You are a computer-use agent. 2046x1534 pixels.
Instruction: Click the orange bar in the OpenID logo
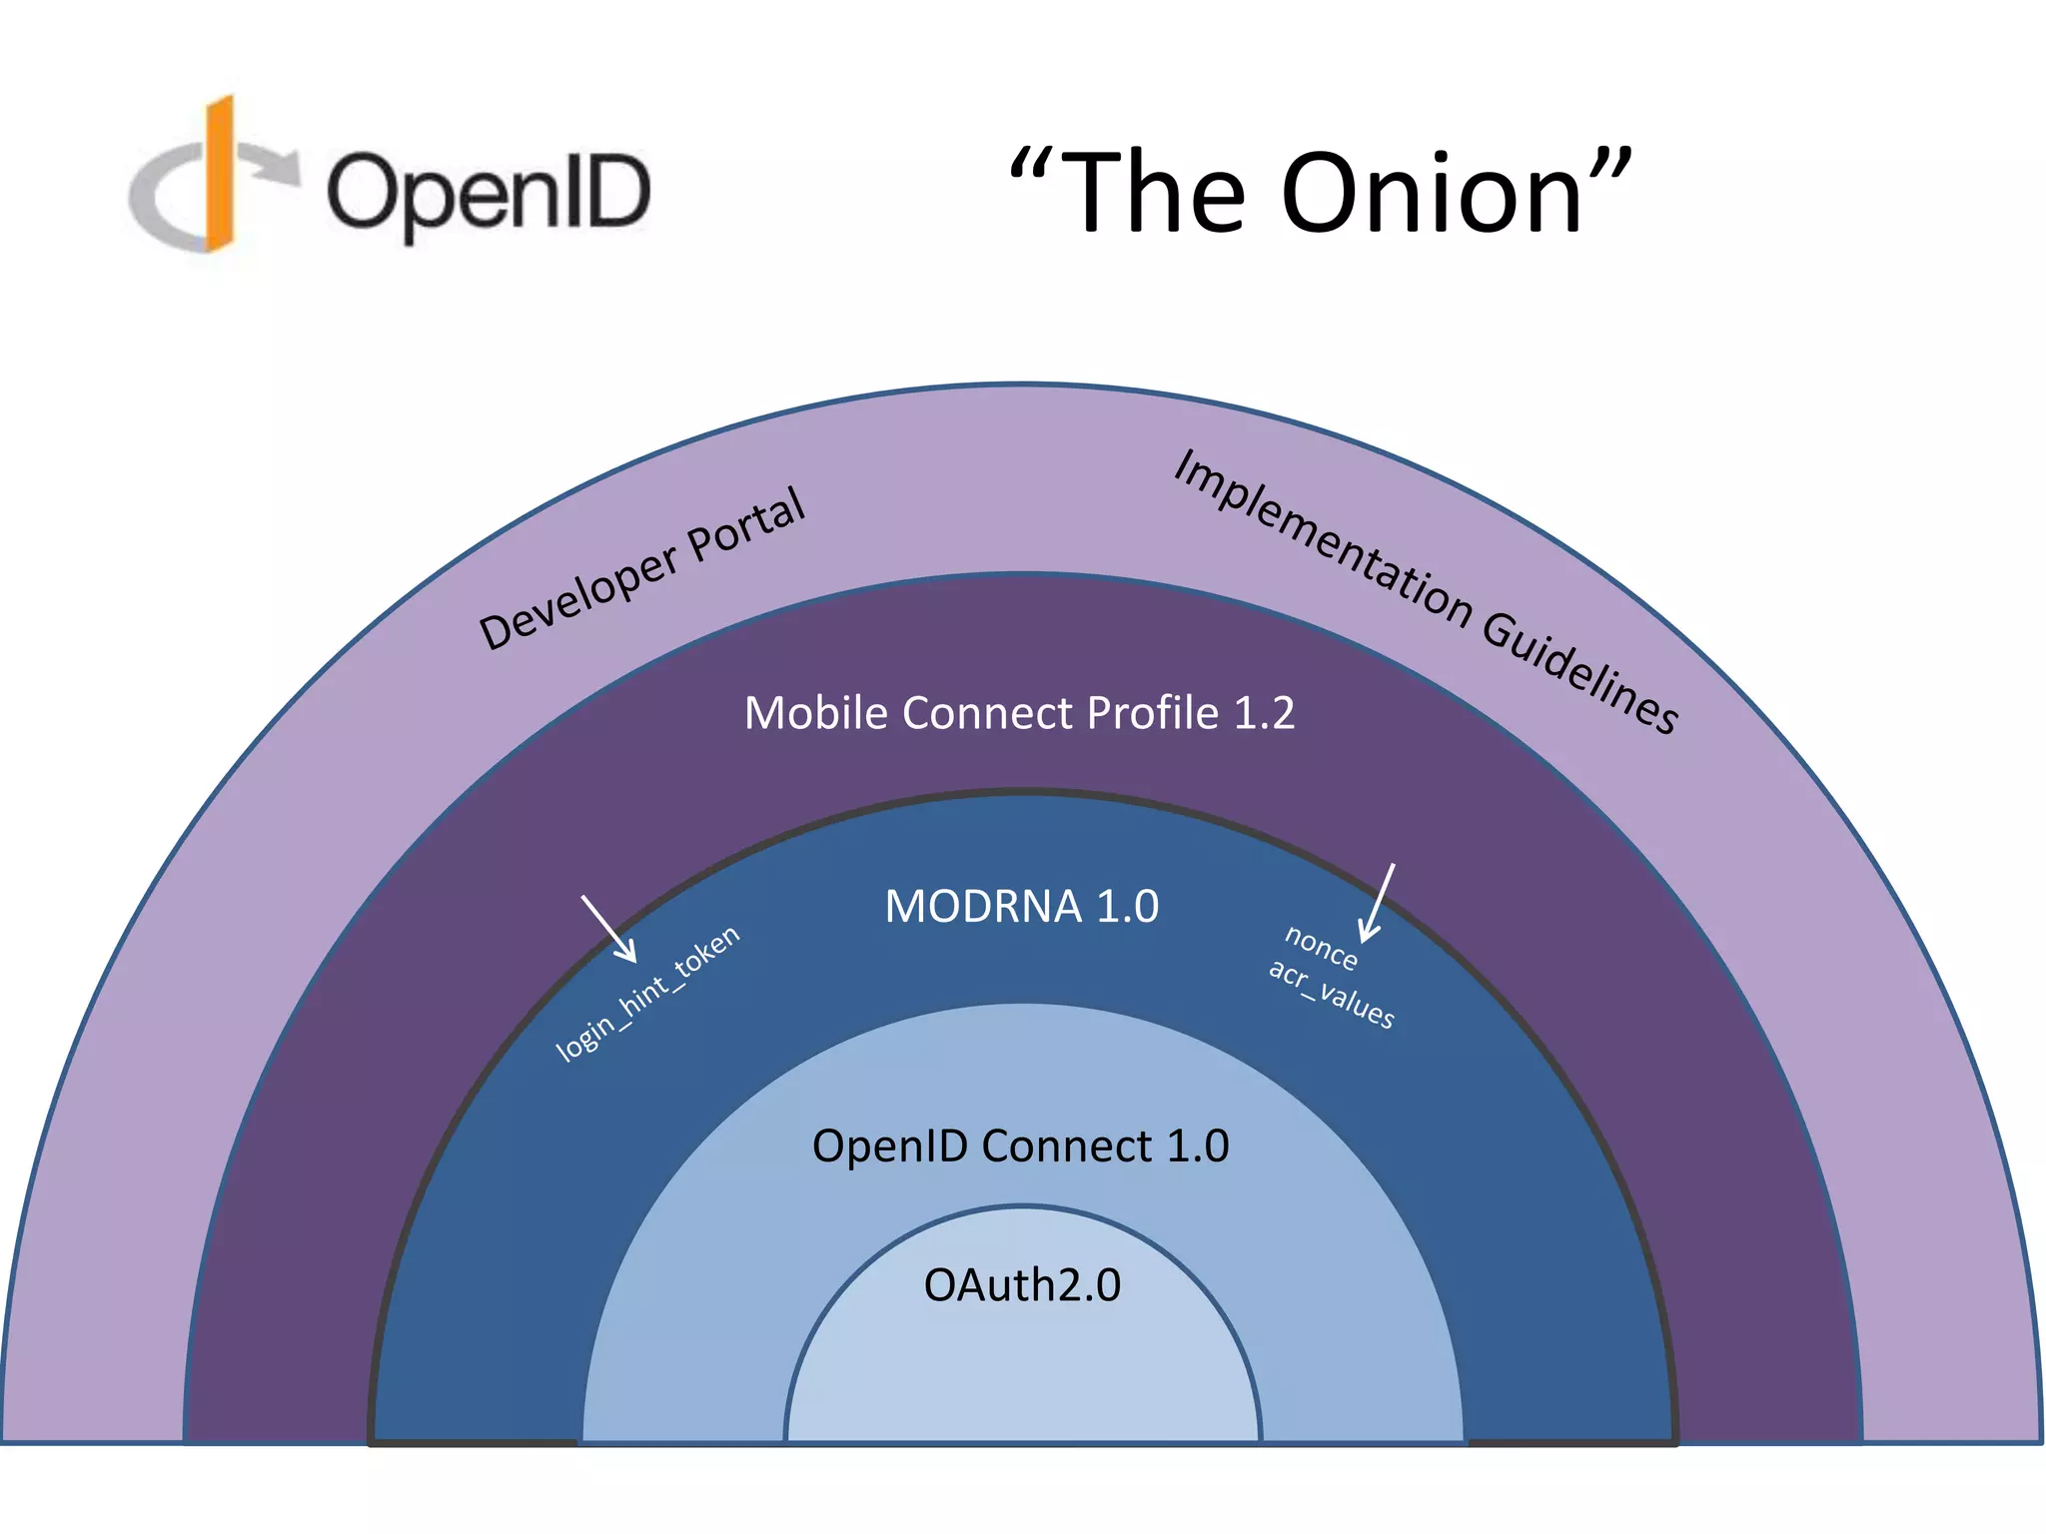[x=220, y=175]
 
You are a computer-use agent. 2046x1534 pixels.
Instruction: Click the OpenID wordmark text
[x=489, y=194]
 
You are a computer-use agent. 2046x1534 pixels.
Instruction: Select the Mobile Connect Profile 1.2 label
[x=1019, y=713]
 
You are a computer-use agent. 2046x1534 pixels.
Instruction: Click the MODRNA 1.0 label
[x=1021, y=907]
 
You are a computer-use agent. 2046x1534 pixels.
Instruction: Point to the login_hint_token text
[x=647, y=993]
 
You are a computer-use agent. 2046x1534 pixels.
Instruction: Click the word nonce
[x=1320, y=947]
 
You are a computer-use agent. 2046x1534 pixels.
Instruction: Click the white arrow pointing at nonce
[x=1379, y=902]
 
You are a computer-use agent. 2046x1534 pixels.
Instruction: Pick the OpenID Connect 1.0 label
[x=1020, y=1146]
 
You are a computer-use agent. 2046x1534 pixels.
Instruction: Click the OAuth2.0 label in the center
[x=1021, y=1285]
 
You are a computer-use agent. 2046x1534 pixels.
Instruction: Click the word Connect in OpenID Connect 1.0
[x=1066, y=1146]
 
